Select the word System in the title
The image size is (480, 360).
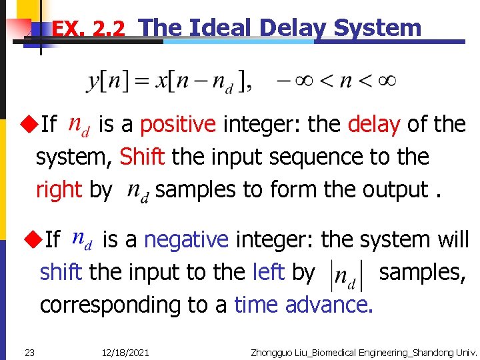(x=377, y=27)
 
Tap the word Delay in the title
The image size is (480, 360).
(x=293, y=27)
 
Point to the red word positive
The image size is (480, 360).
(x=178, y=124)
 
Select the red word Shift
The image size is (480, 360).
(x=141, y=157)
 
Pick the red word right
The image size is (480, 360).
(x=59, y=190)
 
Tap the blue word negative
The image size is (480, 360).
(x=186, y=239)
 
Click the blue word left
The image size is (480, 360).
(x=269, y=272)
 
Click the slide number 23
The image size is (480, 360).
(x=29, y=352)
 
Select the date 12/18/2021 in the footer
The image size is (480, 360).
(x=127, y=352)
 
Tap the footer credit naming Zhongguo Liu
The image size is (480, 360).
(x=363, y=352)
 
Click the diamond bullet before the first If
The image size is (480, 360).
(x=27, y=123)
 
